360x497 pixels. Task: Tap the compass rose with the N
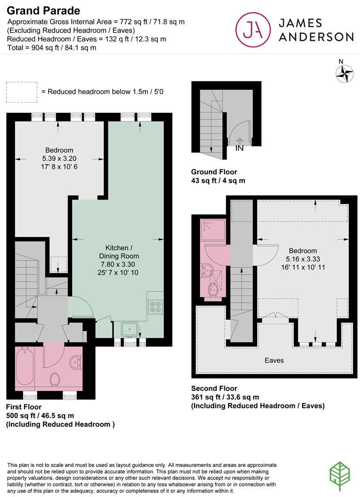click(x=344, y=72)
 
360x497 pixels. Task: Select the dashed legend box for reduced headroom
click(x=21, y=92)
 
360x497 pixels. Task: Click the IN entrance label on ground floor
click(x=239, y=148)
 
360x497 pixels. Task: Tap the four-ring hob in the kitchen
click(x=155, y=306)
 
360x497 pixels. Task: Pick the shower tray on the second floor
click(x=211, y=229)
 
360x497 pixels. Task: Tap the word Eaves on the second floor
click(x=274, y=360)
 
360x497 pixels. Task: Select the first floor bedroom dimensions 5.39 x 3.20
click(x=59, y=158)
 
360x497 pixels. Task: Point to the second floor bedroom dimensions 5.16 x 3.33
click(x=302, y=259)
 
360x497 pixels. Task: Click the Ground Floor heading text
click(x=214, y=172)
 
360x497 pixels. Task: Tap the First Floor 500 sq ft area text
click(x=40, y=415)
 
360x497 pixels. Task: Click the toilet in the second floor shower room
click(x=213, y=289)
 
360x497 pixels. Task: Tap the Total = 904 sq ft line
click(x=51, y=47)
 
